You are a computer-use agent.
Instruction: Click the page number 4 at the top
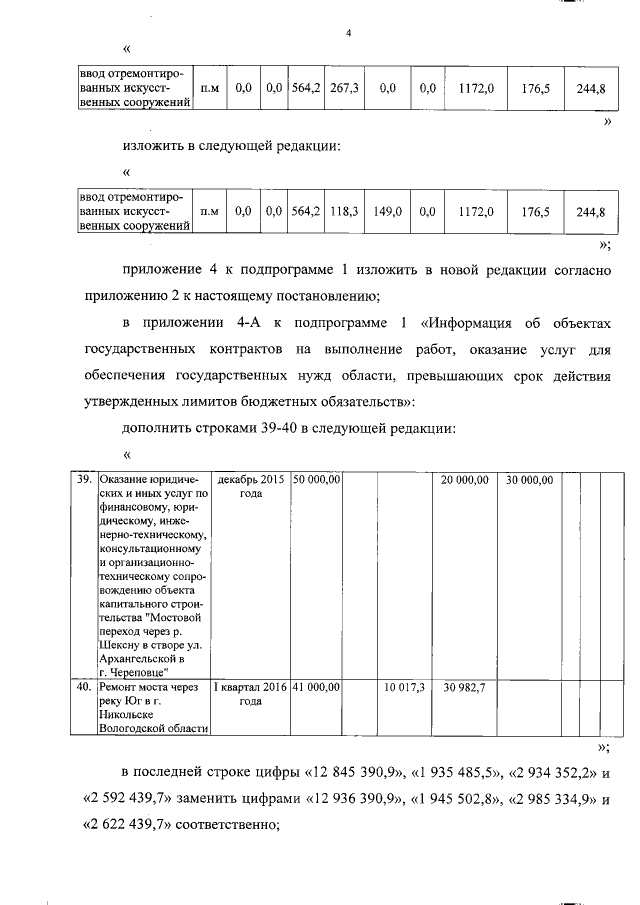(348, 33)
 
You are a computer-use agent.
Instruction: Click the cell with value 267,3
(344, 88)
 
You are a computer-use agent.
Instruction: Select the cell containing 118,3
(344, 211)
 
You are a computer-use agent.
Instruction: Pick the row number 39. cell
(85, 480)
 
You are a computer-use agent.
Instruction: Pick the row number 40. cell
(85, 687)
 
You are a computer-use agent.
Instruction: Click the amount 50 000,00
(318, 480)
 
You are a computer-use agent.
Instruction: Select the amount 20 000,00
(465, 480)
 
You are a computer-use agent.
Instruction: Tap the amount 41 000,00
(318, 687)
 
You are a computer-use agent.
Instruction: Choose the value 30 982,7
(463, 687)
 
